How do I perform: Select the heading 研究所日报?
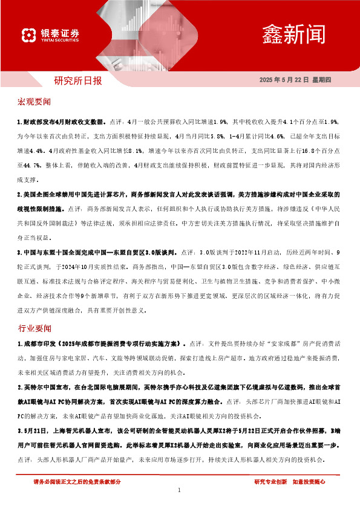78,79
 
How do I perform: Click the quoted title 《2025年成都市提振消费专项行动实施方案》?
121,343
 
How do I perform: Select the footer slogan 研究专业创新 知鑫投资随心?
290,481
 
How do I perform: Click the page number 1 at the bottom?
180,490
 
